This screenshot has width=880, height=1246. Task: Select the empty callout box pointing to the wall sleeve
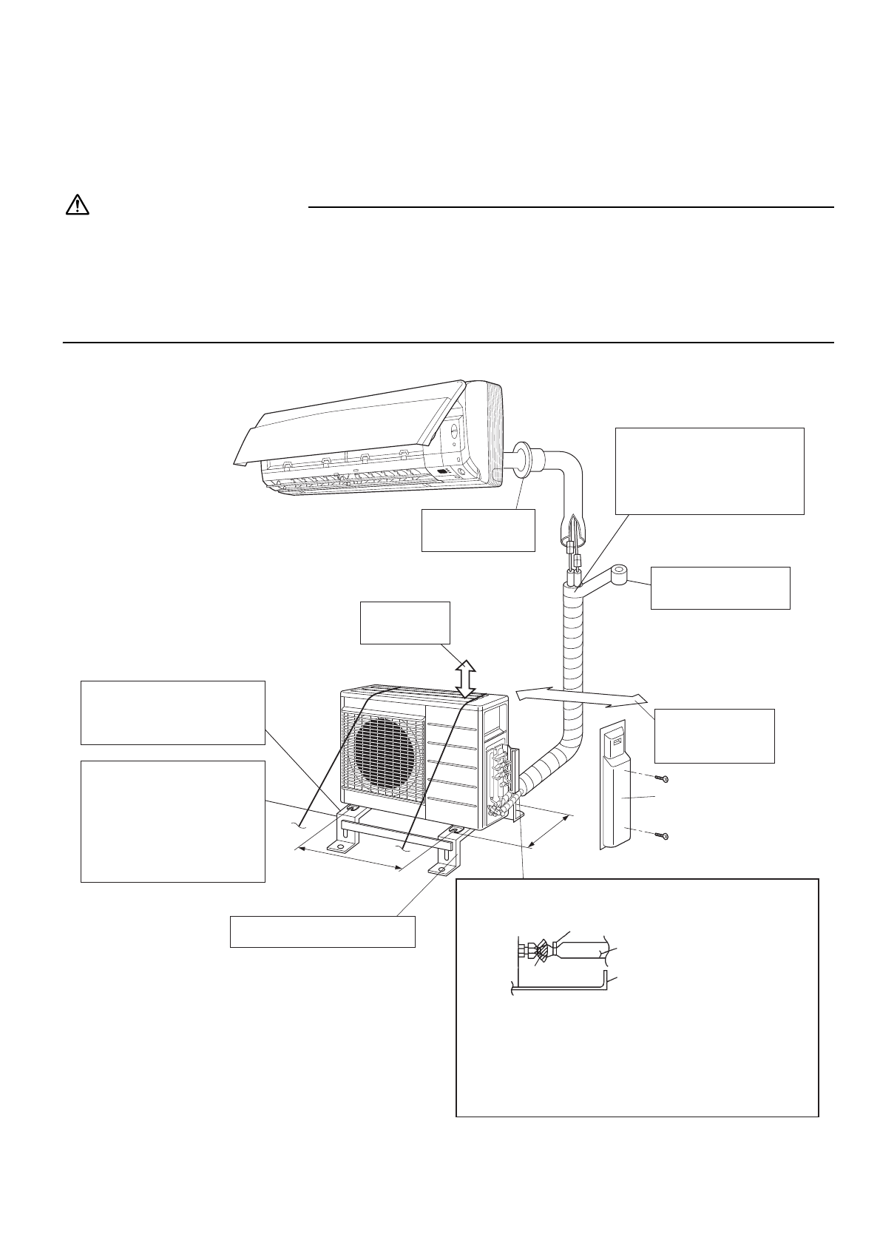coord(478,529)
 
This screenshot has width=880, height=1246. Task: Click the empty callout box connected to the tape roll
coord(720,587)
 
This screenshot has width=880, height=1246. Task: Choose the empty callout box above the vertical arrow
coord(405,623)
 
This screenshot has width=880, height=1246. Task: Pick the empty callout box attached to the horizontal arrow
coord(714,735)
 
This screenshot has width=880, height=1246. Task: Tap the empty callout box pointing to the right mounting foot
coord(322,932)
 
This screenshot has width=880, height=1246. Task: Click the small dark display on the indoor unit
coord(442,472)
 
